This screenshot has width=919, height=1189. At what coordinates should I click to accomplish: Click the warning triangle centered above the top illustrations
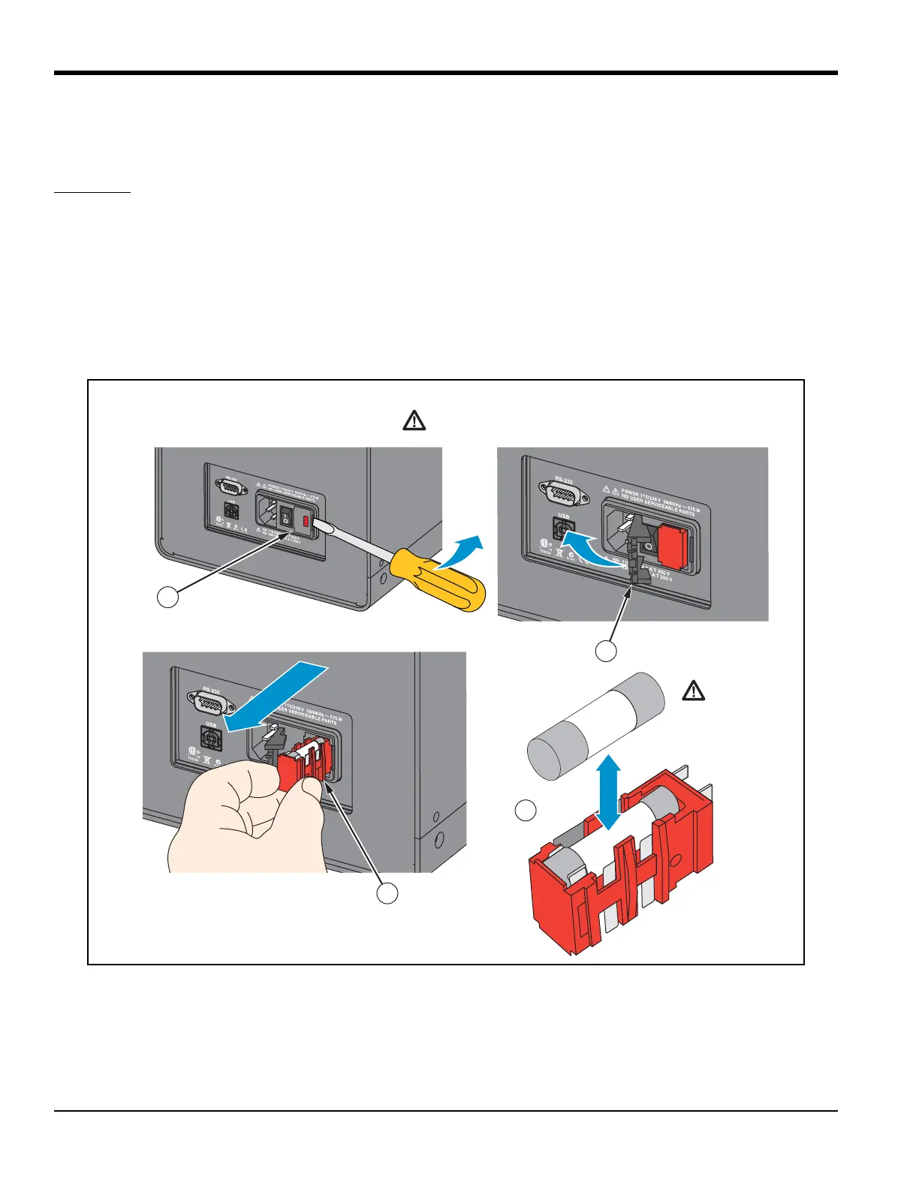point(414,420)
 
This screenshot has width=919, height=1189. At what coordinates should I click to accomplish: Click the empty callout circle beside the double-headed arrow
point(526,811)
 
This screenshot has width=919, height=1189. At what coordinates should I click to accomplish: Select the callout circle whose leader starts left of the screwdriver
point(168,597)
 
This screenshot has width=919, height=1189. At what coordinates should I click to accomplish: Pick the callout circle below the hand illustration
point(387,893)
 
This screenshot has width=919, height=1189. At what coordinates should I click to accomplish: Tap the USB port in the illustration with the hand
point(211,739)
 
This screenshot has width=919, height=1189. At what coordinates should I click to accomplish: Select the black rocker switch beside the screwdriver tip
point(285,516)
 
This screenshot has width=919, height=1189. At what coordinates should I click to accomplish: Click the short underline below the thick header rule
point(92,193)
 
